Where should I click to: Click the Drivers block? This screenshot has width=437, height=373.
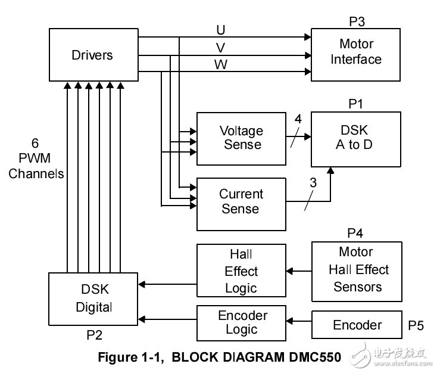92,55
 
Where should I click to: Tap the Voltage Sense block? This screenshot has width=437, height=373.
241,138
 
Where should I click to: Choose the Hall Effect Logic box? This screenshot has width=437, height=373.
241,272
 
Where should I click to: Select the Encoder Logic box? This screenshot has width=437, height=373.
241,322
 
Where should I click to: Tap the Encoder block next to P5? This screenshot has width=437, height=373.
357,325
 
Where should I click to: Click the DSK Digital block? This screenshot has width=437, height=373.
93,299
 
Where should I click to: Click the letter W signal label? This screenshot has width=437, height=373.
221,65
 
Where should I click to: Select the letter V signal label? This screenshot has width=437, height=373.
221,48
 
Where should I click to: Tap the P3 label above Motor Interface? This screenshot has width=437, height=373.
357,22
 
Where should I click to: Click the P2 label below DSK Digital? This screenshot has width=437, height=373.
94,335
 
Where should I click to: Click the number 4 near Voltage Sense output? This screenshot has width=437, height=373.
298,119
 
